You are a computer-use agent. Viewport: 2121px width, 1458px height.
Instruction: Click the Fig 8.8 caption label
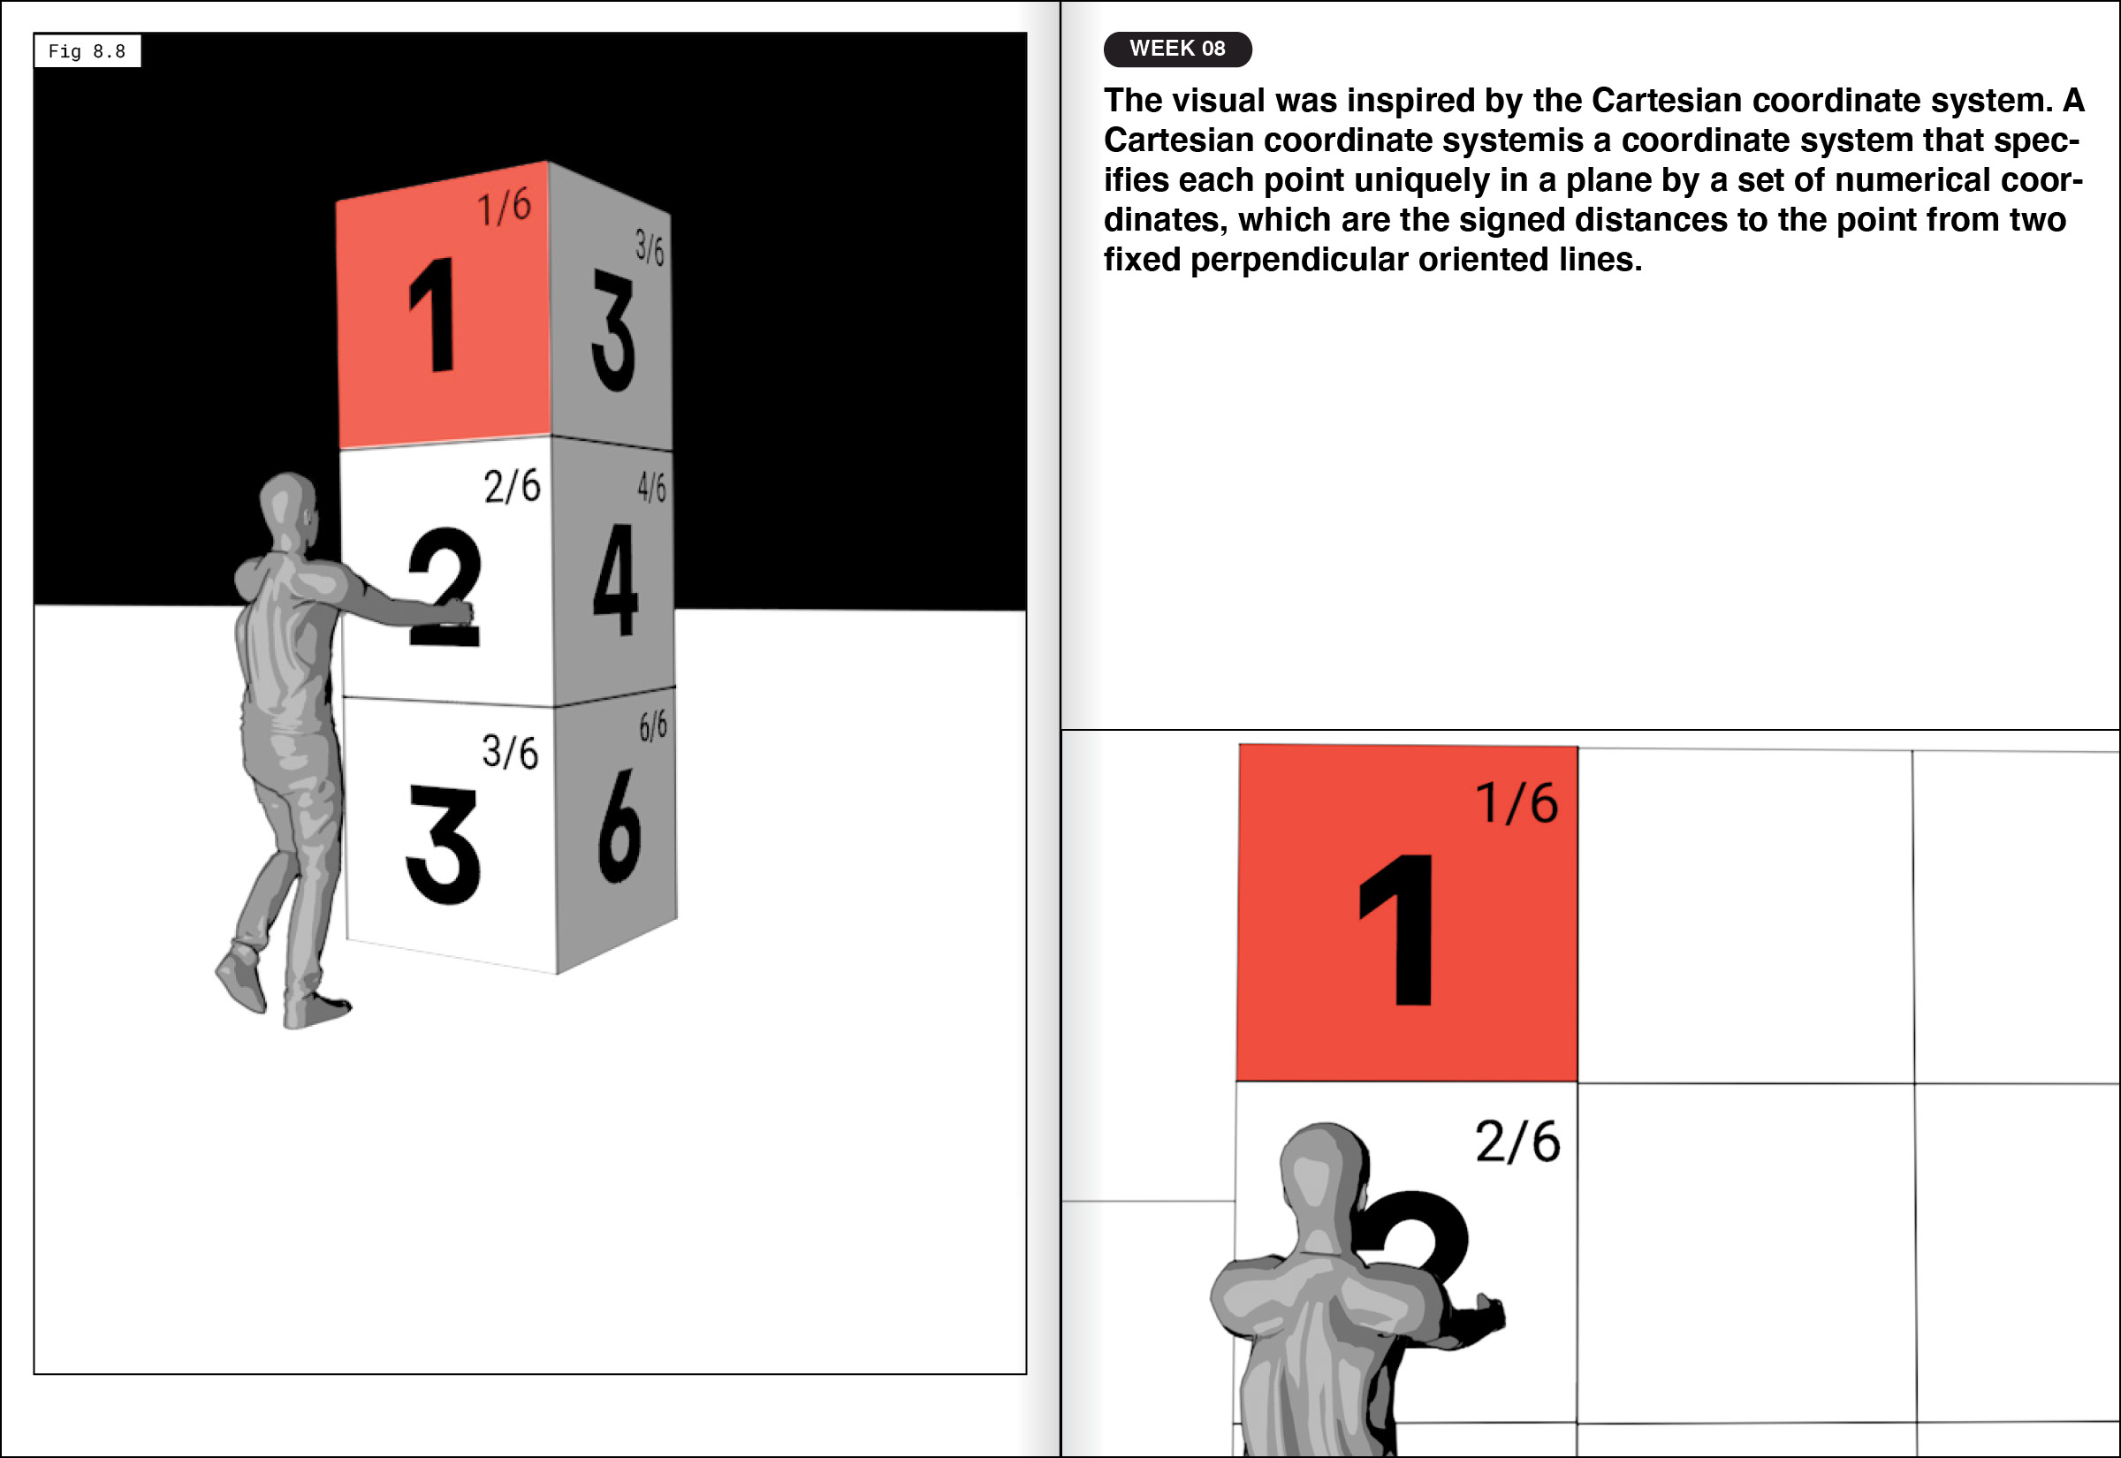coord(87,51)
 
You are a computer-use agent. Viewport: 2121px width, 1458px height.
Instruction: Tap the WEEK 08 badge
coord(1177,49)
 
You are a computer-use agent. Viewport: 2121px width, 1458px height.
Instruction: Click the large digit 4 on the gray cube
coord(615,579)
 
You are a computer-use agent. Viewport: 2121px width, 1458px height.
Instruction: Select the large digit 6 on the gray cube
coord(620,826)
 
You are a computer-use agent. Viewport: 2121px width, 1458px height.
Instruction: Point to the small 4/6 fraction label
coord(651,488)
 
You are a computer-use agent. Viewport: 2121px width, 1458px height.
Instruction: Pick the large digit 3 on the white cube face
coord(443,845)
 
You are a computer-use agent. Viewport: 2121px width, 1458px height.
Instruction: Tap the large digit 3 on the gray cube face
coord(613,330)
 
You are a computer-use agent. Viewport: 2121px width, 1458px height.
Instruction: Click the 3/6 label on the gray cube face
coord(650,247)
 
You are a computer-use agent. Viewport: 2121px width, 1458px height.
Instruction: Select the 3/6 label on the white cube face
coord(511,752)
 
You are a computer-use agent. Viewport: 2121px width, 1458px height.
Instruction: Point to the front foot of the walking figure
coord(315,1010)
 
